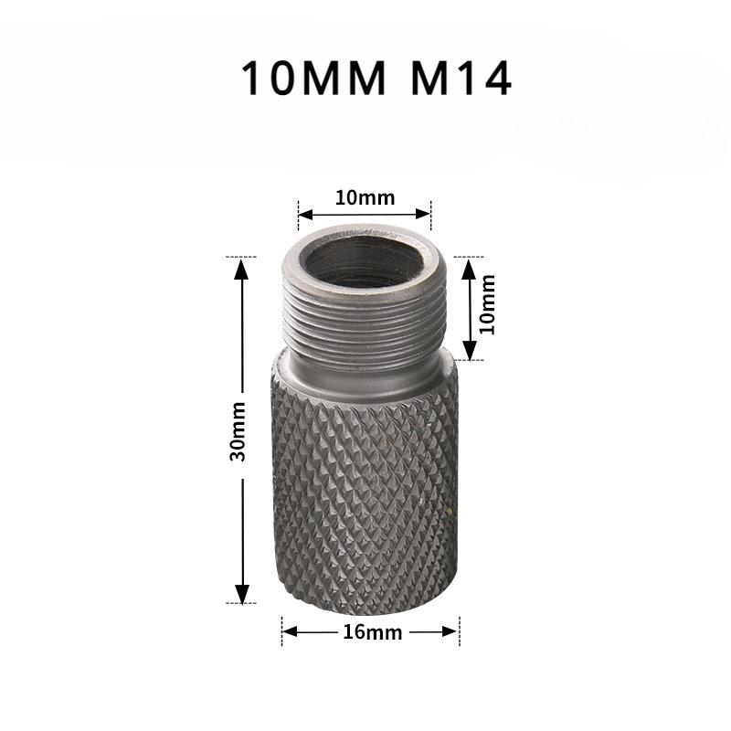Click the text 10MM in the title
(313, 79)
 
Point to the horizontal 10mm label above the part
(364, 197)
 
